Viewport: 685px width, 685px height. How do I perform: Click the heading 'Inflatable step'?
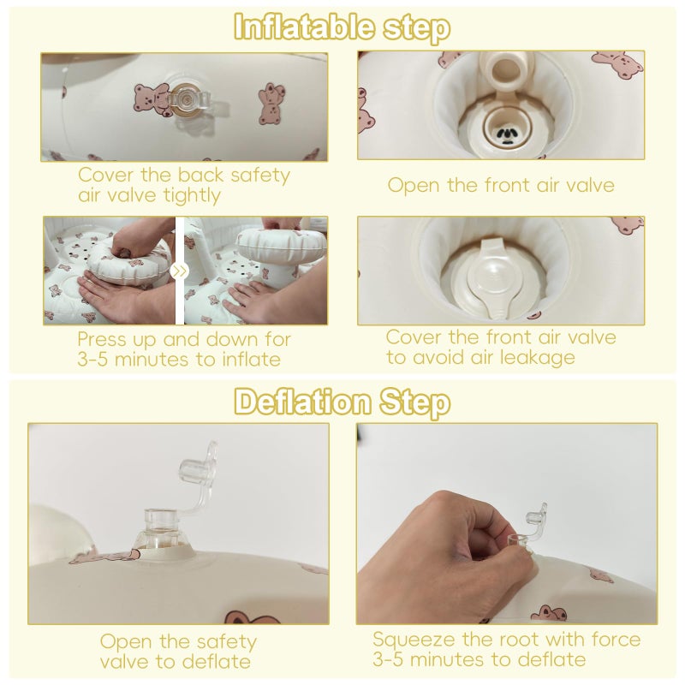342,27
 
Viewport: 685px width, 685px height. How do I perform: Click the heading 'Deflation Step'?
342,402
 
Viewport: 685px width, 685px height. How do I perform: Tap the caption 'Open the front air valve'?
501,185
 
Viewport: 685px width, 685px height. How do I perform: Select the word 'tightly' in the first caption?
192,196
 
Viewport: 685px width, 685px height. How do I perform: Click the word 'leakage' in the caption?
538,358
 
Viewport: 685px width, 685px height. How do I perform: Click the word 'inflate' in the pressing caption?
251,360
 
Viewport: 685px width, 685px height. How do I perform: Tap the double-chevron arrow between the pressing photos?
179,271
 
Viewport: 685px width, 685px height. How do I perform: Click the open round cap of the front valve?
508,71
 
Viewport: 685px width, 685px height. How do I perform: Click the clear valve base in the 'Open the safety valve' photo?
162,528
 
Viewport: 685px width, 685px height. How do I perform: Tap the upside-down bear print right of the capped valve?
271,103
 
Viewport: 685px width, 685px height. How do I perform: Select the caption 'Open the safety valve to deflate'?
177,652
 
